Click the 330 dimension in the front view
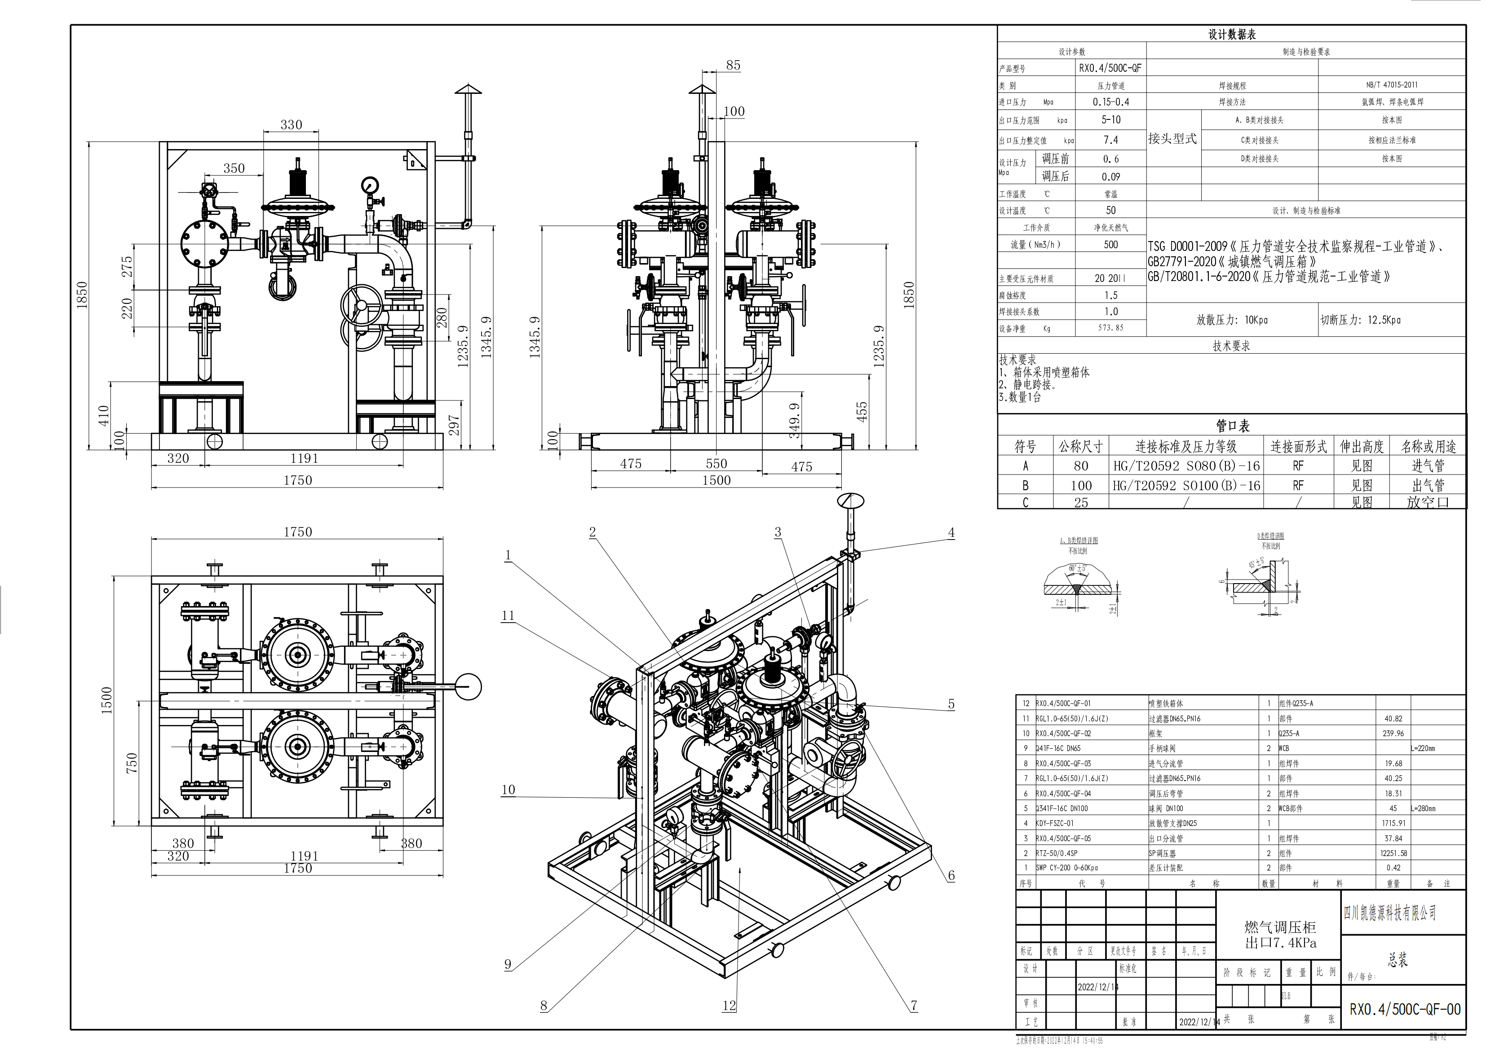click(x=291, y=125)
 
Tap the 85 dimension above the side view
click(x=733, y=66)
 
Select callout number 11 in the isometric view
click(x=508, y=615)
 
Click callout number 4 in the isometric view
click(x=951, y=533)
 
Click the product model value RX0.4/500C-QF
click(x=1110, y=68)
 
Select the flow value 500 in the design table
click(x=1110, y=245)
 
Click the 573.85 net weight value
click(x=1110, y=328)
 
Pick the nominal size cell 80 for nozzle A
click(x=1081, y=466)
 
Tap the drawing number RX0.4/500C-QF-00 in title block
click(x=1404, y=1009)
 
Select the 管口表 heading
click(x=1232, y=426)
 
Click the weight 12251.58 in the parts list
click(x=1393, y=853)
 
